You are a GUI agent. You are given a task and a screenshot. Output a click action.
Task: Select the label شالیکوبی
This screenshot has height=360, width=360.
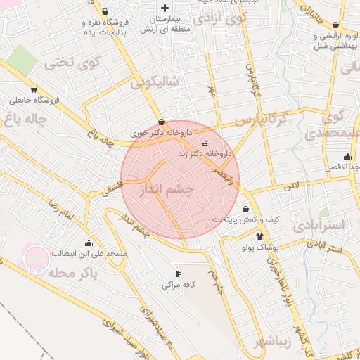[x=155, y=83]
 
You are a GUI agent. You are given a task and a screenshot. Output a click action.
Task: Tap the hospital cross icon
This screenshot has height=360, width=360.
[x=165, y=8]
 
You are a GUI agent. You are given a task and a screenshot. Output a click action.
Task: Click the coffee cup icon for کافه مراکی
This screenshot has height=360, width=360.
[x=178, y=274]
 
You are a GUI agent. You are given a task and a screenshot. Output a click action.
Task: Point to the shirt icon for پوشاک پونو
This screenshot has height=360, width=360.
[x=260, y=236]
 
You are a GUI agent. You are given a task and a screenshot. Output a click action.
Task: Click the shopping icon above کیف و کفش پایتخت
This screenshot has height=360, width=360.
[x=245, y=209]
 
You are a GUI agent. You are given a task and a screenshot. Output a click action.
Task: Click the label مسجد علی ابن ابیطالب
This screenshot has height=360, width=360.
[x=87, y=252]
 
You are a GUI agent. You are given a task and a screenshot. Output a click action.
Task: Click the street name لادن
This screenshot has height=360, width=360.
[x=292, y=186]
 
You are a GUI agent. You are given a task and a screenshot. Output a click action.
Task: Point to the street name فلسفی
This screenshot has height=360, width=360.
[x=113, y=188]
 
